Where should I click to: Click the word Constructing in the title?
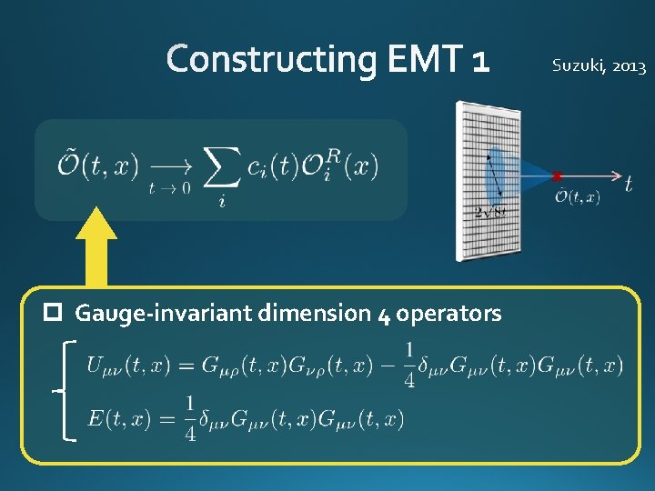(271, 60)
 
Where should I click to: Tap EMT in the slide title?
(427, 60)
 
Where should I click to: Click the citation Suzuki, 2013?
(600, 66)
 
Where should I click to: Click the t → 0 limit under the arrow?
(169, 188)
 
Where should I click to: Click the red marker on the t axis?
(557, 175)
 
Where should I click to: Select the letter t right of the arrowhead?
(629, 183)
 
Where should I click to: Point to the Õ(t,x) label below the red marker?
(578, 196)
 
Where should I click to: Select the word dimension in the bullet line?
(315, 314)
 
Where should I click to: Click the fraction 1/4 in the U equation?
(409, 366)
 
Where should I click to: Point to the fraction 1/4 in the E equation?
(190, 419)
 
